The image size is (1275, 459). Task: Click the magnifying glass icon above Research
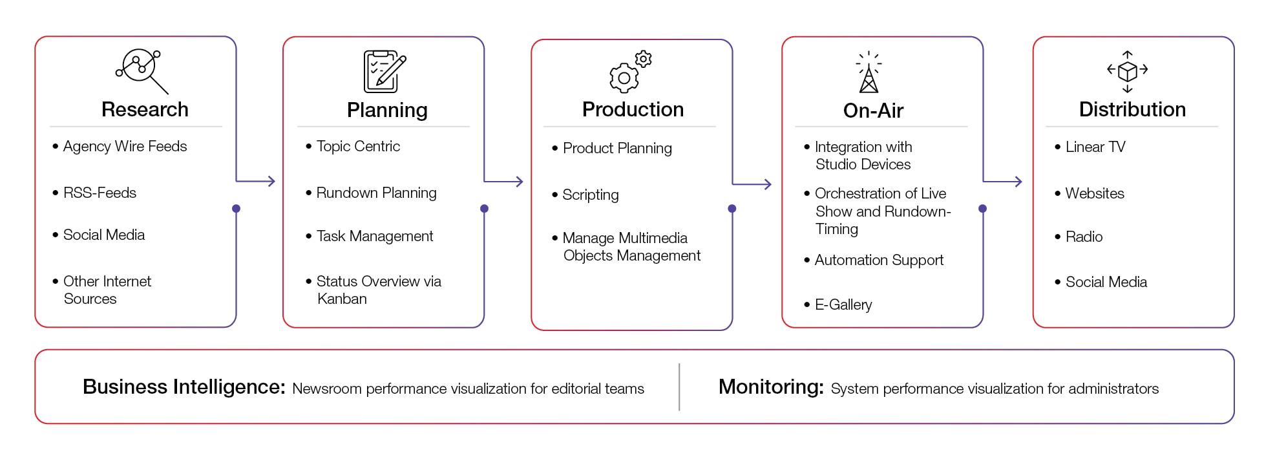point(142,70)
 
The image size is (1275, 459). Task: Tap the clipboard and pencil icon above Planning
point(385,71)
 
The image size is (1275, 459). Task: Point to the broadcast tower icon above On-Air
point(869,72)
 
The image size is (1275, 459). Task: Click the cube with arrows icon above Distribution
point(1127,71)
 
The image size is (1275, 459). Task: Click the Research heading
point(145,109)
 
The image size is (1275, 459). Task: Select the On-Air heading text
point(873,111)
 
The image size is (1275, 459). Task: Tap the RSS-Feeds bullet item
point(100,193)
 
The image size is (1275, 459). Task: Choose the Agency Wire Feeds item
point(125,146)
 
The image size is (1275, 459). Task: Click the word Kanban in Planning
point(342,299)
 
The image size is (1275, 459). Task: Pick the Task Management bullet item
point(374,236)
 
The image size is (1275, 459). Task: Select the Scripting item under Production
point(590,195)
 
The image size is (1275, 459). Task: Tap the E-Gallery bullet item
point(843,304)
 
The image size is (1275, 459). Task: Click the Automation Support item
point(878,260)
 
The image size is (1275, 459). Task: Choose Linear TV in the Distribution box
point(1095,147)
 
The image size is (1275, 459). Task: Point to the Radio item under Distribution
point(1084,237)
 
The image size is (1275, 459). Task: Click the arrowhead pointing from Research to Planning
point(272,181)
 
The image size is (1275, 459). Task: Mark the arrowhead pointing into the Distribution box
point(1018,182)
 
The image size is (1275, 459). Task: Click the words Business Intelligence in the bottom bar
point(184,387)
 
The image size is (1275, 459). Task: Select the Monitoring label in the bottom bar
point(770,387)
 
